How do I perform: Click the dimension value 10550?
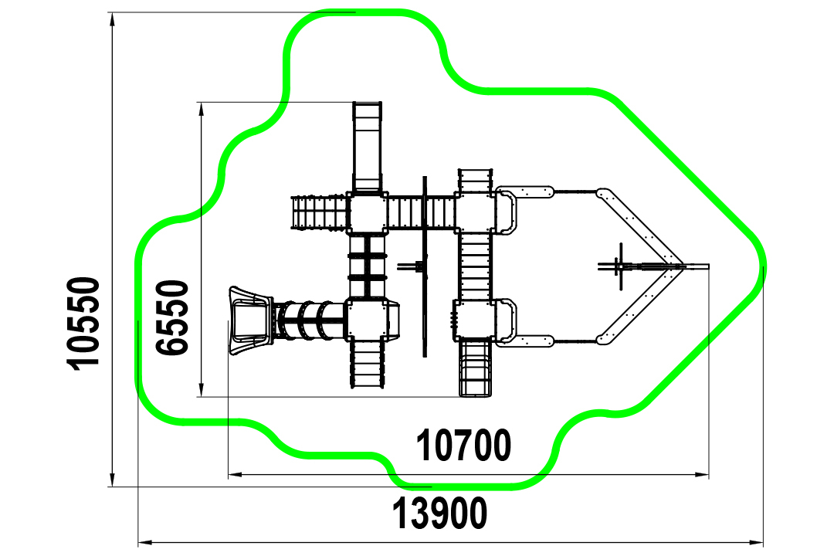tap(84, 323)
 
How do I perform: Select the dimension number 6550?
tap(172, 317)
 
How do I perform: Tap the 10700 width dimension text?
tap(463, 446)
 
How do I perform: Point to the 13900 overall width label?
tap(439, 513)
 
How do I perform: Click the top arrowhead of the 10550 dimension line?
tap(112, 19)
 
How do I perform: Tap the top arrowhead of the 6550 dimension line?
tap(201, 109)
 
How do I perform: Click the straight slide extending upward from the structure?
tap(367, 147)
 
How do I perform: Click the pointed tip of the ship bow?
tap(708, 266)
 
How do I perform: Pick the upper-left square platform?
tap(367, 213)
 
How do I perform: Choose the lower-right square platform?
tap(475, 320)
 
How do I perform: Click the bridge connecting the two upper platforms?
tap(421, 212)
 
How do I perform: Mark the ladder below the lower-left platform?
tap(367, 364)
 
